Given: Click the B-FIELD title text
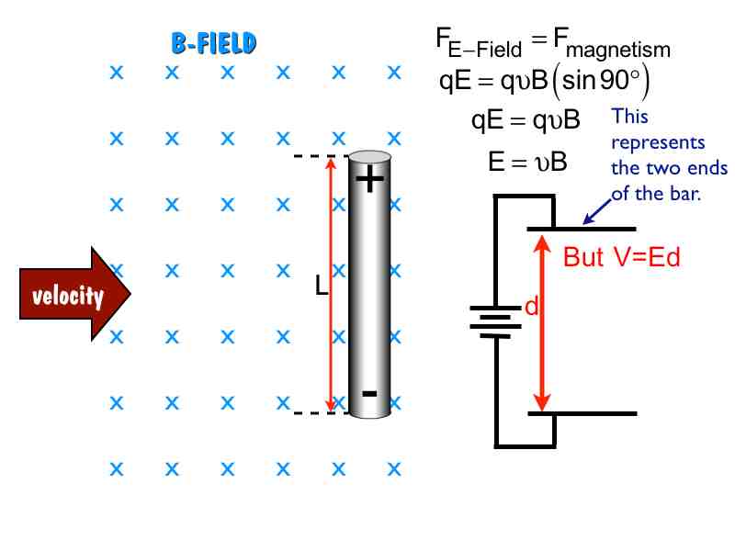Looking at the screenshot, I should [x=213, y=42].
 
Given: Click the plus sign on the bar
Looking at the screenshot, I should [x=369, y=180].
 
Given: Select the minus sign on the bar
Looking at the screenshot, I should [x=369, y=394].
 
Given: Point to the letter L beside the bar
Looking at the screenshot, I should [x=321, y=287].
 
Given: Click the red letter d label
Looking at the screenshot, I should [x=531, y=308].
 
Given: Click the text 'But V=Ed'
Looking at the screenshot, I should [x=621, y=257].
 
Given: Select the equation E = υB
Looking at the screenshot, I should [x=527, y=163].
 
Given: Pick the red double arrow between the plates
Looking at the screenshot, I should [x=542, y=321].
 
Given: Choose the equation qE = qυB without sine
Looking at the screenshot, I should [x=526, y=120].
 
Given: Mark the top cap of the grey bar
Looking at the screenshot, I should [x=370, y=157].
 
